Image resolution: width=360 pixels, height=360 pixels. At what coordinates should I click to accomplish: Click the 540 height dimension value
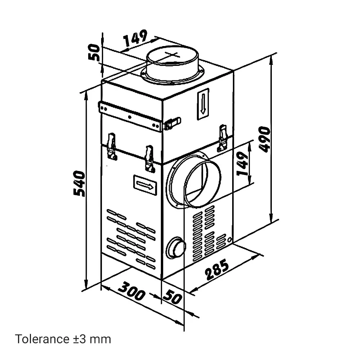pos(80,183)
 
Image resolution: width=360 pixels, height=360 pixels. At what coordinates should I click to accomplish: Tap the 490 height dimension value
pos(264,139)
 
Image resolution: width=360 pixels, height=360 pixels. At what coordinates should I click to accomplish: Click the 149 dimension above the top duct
pos(135,38)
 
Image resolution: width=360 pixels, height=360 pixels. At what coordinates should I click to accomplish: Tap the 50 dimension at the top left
pos(94,52)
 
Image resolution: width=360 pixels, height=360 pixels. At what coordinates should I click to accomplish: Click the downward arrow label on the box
pos(203,104)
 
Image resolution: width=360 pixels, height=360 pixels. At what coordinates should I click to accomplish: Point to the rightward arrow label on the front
pos(145,185)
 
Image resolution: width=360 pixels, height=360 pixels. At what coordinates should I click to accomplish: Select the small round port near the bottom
pos(176,248)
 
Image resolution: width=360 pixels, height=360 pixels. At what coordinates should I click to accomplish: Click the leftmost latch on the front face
pos(112,146)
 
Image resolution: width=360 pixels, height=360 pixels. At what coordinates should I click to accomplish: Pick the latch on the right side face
pos(222,138)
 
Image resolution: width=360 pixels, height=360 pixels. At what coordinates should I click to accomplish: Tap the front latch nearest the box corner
pos(150,159)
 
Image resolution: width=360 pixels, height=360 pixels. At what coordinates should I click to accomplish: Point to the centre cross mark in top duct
pos(171,55)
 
